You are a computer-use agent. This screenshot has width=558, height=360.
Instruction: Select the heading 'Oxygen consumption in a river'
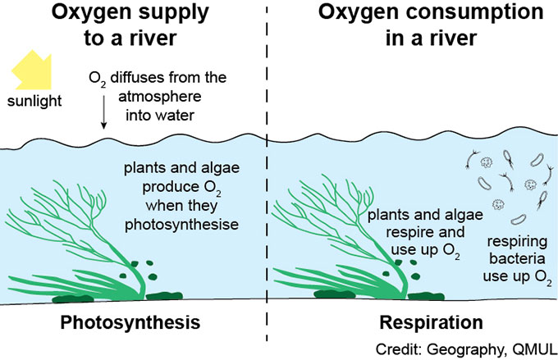407,30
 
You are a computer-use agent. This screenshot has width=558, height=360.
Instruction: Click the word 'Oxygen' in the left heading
93,15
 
